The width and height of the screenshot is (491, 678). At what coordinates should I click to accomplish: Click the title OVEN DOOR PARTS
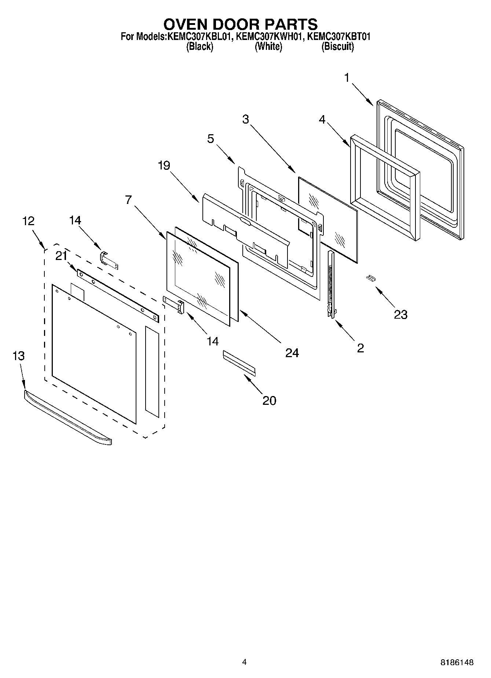(x=241, y=24)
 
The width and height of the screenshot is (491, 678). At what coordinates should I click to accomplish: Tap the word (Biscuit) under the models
(x=337, y=47)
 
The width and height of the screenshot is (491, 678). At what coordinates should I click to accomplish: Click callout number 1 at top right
(x=347, y=78)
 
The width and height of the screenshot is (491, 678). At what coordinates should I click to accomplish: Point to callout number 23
(x=400, y=314)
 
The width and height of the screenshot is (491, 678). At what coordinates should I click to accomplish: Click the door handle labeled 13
(x=68, y=418)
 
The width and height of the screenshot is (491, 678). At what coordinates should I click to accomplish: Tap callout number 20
(x=269, y=400)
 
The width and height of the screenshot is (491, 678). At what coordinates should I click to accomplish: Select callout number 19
(x=164, y=166)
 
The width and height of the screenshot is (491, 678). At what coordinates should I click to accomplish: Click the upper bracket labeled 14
(x=109, y=260)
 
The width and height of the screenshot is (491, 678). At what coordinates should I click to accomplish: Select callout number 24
(x=292, y=353)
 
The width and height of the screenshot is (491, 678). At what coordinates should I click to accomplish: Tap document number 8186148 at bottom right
(x=457, y=662)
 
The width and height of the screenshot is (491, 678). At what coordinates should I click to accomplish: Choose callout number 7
(x=128, y=200)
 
